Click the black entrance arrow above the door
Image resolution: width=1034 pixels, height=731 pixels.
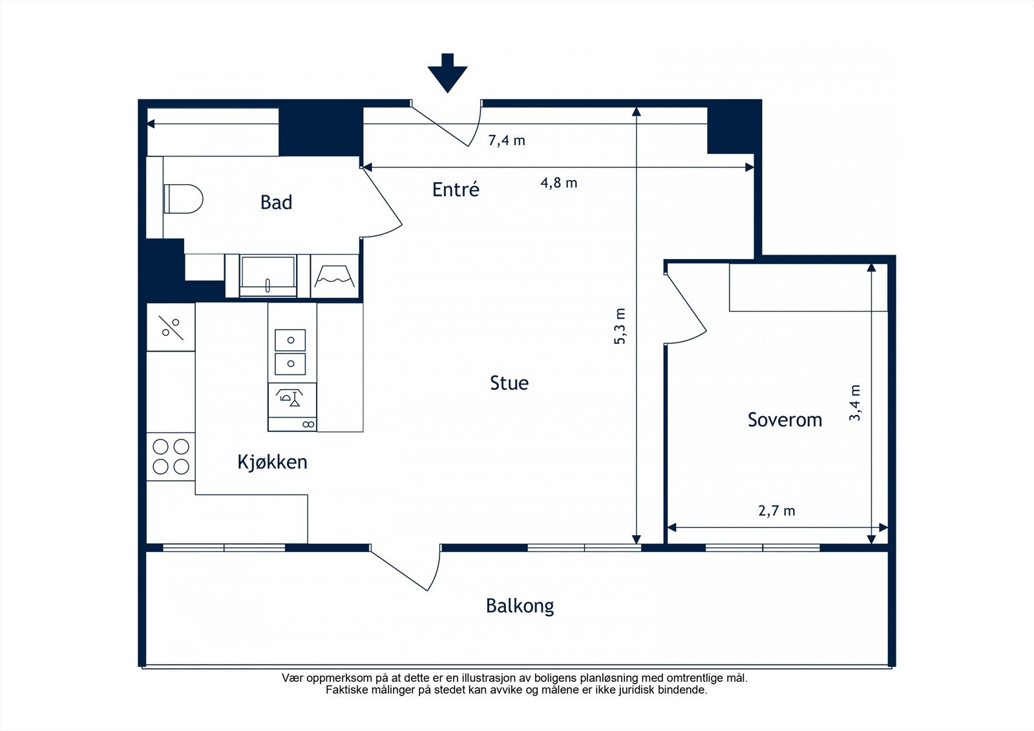pos(447,73)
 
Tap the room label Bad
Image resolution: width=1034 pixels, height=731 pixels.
pos(276,202)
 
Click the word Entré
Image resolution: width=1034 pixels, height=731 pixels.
pos(456,189)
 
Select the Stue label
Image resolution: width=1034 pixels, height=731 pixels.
pos(509,383)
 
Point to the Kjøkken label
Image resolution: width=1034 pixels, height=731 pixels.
pos(272,461)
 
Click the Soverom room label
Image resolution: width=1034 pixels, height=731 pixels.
pos(785,419)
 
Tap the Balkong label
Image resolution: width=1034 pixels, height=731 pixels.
pos(520,606)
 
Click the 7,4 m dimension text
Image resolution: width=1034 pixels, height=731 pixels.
pos(507,140)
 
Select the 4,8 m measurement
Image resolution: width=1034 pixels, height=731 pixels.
pos(558,183)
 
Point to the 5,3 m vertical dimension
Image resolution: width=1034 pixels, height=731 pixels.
pos(620,326)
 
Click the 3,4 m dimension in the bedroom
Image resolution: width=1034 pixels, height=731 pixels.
pos(854,403)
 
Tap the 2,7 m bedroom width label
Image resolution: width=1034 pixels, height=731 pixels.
pos(777,511)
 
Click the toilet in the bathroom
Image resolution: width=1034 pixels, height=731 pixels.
pos(184,198)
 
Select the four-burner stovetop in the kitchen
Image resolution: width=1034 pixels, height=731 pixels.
pos(171,457)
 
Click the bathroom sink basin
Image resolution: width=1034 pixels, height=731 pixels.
pos(268,276)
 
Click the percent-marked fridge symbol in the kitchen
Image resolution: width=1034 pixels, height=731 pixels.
pos(171,327)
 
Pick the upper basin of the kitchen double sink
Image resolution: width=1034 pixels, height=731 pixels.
pos(290,341)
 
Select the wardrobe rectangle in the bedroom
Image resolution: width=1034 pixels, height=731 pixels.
pos(808,287)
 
